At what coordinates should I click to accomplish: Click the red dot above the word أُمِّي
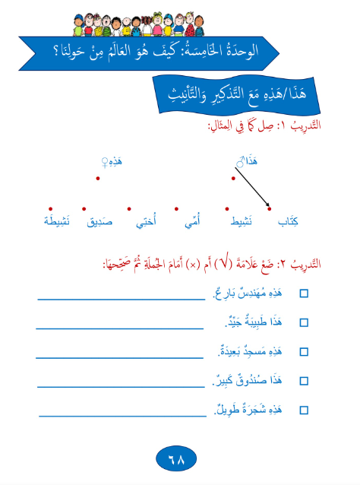176,208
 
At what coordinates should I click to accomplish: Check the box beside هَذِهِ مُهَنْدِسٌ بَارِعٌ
305,293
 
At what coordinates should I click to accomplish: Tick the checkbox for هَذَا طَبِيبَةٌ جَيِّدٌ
305,322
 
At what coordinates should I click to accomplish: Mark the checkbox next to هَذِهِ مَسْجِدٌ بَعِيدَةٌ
305,351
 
